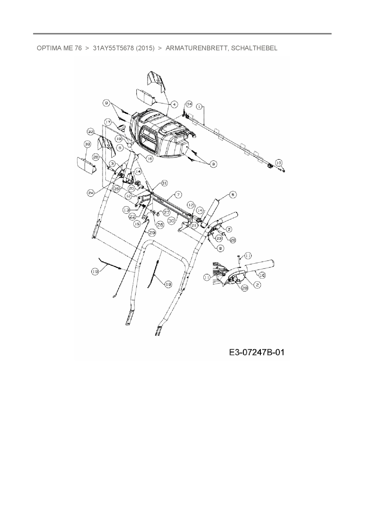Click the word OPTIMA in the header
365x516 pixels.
(x=47, y=48)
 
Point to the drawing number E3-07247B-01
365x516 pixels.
(x=257, y=352)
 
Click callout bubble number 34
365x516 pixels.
(x=189, y=104)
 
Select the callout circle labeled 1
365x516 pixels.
(x=199, y=106)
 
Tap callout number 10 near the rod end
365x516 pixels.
(x=279, y=162)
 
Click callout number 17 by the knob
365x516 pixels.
(x=108, y=121)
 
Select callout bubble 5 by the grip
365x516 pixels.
(x=233, y=194)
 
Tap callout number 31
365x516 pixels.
(x=164, y=183)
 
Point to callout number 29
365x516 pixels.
(x=152, y=232)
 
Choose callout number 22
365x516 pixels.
(x=132, y=216)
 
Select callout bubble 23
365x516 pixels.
(x=219, y=238)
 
